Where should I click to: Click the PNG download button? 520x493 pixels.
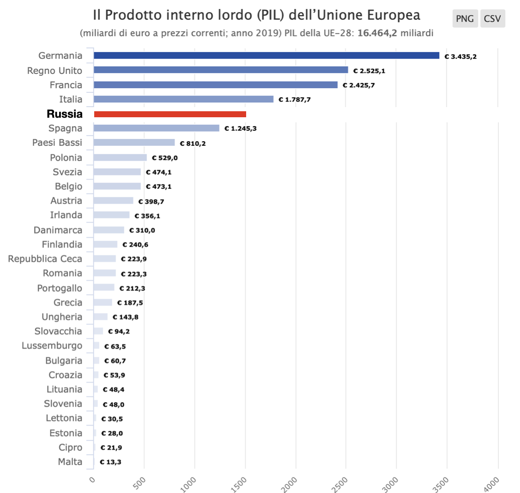coord(465,19)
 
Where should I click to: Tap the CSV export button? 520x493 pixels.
coord(492,19)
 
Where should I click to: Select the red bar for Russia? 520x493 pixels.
coord(170,114)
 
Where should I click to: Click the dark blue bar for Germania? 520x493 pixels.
coord(266,55)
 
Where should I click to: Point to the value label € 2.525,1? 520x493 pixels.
coord(369,71)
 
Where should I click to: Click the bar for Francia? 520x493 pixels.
coord(216,85)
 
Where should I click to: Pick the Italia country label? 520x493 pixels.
coord(71,99)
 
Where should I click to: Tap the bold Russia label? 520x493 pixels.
coord(65,114)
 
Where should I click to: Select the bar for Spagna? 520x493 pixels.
coord(157,128)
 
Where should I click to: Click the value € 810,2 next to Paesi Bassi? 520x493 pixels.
coord(193,144)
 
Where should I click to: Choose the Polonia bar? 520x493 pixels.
coord(120,157)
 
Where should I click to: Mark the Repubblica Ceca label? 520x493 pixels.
coord(45,259)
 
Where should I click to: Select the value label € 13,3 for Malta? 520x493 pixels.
coord(110,462)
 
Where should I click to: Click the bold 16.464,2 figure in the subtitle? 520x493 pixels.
coord(377,34)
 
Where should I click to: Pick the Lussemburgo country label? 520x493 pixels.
coord(52,345)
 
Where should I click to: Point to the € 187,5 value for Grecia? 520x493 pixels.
coord(130,303)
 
